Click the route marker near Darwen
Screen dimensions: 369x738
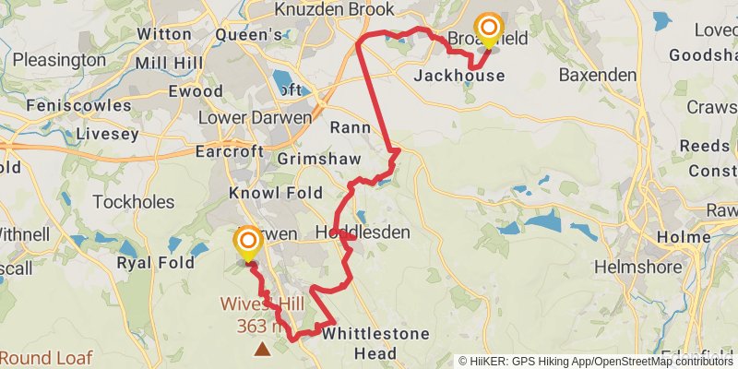click(x=248, y=244)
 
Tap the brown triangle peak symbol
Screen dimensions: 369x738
click(x=263, y=348)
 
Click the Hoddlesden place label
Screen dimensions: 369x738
click(x=363, y=232)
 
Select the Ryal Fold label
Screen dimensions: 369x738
click(x=155, y=263)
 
